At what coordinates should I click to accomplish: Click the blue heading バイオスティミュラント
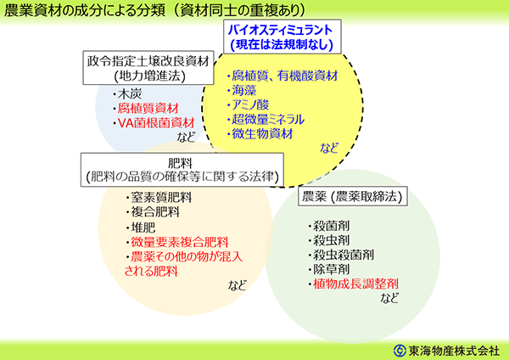click(x=280, y=31)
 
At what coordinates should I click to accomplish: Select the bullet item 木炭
click(x=130, y=94)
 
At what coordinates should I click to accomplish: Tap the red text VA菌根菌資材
click(x=156, y=123)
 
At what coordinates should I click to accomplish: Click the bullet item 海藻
click(x=243, y=90)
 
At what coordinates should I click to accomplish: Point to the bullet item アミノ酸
click(x=250, y=105)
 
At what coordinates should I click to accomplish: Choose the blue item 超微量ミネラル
click(x=268, y=120)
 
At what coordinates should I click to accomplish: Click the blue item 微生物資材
click(x=262, y=134)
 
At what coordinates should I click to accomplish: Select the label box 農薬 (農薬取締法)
click(x=353, y=196)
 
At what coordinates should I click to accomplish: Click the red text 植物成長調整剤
click(x=355, y=284)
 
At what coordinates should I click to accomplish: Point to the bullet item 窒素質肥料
click(x=161, y=197)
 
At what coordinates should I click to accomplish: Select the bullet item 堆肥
click(x=143, y=228)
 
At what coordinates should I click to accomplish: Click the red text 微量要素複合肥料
click(x=180, y=242)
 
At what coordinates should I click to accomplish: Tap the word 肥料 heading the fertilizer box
click(x=180, y=163)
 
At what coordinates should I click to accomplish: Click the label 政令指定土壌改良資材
click(x=148, y=61)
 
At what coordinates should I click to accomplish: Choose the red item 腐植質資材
click(x=148, y=109)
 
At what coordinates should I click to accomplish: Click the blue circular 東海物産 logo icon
click(x=400, y=351)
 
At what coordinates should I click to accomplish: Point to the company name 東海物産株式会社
click(x=454, y=351)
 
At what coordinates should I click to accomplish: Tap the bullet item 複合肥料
click(x=155, y=212)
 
